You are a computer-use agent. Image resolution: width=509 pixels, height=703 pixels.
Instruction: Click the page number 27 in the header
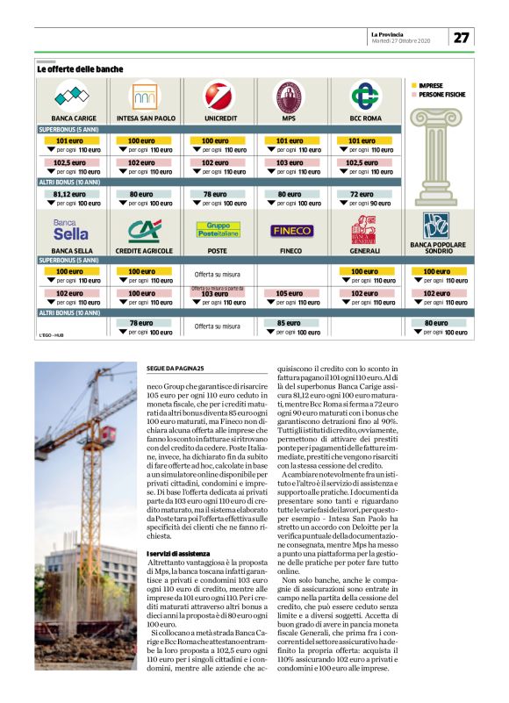pos(462,37)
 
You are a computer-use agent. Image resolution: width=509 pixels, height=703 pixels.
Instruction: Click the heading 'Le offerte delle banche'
pos(80,68)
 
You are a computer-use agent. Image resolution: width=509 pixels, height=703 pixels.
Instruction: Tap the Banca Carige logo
pos(73,95)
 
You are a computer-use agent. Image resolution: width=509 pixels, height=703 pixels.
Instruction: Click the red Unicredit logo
pos(216,95)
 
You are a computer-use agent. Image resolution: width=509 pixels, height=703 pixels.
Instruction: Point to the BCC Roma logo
pos(363,95)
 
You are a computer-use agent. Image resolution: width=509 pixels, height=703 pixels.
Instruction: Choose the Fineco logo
pos(290,231)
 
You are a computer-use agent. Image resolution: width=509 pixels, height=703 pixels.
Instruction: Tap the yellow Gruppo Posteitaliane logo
pos(217,230)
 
